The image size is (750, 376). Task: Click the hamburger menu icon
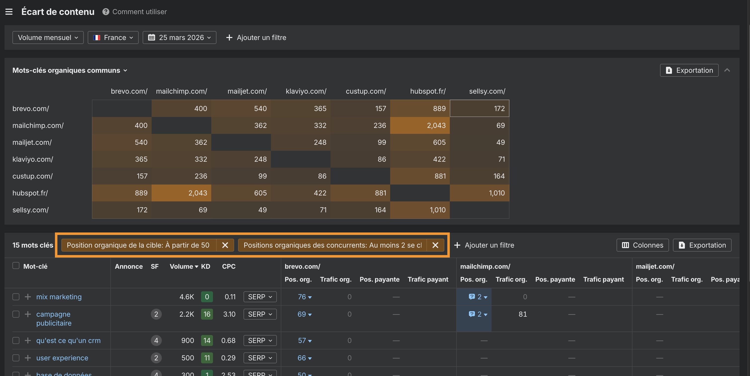pyautogui.click(x=9, y=12)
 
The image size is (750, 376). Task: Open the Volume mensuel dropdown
pyautogui.click(x=48, y=38)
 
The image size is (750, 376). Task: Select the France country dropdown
pyautogui.click(x=113, y=38)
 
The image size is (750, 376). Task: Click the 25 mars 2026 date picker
pyautogui.click(x=179, y=38)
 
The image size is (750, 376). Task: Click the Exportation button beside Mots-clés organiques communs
pyautogui.click(x=689, y=71)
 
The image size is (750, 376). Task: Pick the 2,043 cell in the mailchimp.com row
pyautogui.click(x=420, y=125)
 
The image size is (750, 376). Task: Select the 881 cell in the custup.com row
pyautogui.click(x=420, y=176)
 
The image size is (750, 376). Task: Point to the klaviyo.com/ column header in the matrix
pyautogui.click(x=306, y=91)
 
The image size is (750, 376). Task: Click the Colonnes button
pyautogui.click(x=643, y=245)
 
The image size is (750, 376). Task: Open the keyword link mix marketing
pyautogui.click(x=59, y=297)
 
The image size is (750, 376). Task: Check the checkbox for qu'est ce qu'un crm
pyautogui.click(x=16, y=340)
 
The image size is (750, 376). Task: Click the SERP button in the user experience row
pyautogui.click(x=260, y=358)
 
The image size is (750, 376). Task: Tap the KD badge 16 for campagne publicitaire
pyautogui.click(x=207, y=314)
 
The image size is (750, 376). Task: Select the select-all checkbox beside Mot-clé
pyautogui.click(x=16, y=266)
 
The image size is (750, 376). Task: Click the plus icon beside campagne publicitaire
pyautogui.click(x=28, y=314)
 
